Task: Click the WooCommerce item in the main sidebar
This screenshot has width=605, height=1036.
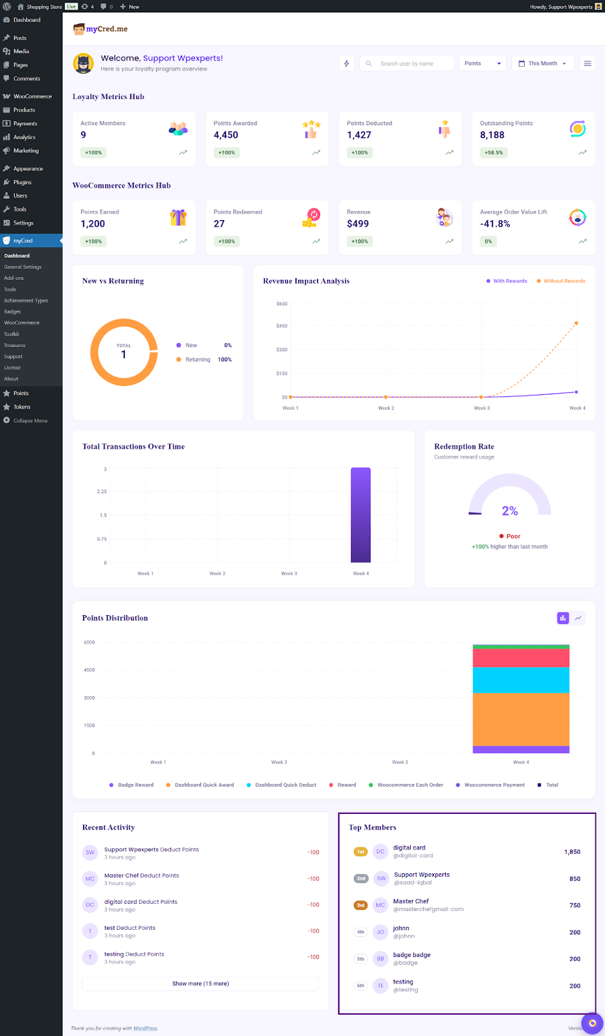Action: (32, 96)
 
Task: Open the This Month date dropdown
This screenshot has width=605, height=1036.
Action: (542, 63)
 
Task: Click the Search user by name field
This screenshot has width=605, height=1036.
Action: (407, 63)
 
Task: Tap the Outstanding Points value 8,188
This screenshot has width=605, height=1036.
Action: (492, 135)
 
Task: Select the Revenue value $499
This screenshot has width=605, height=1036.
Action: (358, 224)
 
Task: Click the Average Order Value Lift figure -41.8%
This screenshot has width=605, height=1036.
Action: (495, 224)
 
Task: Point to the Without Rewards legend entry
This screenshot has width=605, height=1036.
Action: (564, 281)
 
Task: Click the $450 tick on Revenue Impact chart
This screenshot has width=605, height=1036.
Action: (282, 326)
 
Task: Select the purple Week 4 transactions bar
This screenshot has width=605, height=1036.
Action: (361, 515)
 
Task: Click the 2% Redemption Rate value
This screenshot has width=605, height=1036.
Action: (510, 511)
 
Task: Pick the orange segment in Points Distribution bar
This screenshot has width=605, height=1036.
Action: (521, 719)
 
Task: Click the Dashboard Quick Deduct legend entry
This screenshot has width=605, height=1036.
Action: (285, 785)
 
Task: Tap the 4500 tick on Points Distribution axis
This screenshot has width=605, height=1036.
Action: (89, 670)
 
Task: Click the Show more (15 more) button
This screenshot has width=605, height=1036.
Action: (200, 984)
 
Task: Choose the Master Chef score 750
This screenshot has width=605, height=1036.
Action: (575, 905)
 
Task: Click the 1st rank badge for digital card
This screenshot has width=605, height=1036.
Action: (361, 851)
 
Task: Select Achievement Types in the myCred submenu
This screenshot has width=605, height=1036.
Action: (26, 300)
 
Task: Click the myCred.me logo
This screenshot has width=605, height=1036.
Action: (100, 29)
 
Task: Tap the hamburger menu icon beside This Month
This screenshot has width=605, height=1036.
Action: (588, 63)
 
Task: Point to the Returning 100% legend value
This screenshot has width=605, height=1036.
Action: (224, 359)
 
